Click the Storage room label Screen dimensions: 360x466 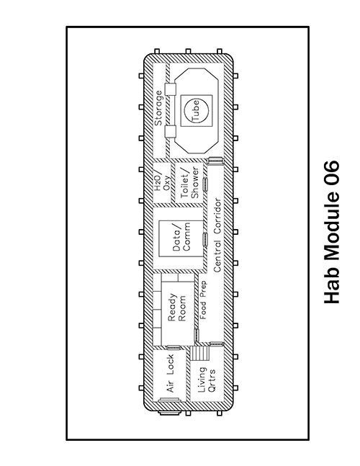[x=158, y=108]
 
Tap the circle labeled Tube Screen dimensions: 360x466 [x=197, y=110]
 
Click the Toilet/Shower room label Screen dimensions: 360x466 [x=189, y=183]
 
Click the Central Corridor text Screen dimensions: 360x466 [x=217, y=235]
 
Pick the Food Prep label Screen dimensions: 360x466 [x=203, y=300]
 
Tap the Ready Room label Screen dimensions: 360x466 [x=176, y=308]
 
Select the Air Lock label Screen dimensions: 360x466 [x=170, y=373]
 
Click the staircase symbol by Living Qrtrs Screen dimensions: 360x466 [x=200, y=353]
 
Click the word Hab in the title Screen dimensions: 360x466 [x=331, y=287]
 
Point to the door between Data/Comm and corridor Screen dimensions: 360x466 [x=205, y=239]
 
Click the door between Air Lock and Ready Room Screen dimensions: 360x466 [x=174, y=347]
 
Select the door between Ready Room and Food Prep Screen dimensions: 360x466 [x=197, y=335]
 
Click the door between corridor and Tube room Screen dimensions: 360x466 [x=215, y=160]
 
